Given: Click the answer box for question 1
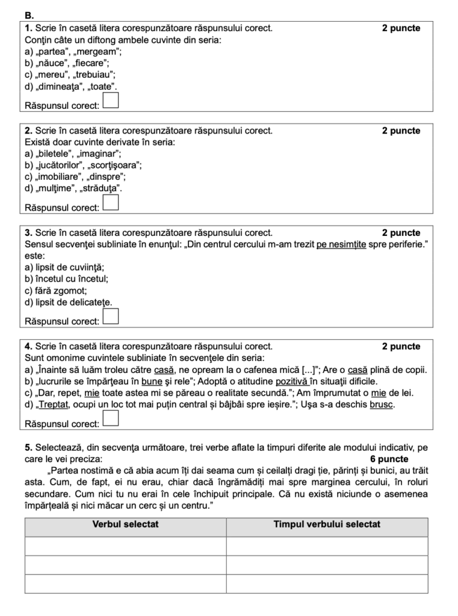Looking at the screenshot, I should tap(111, 100).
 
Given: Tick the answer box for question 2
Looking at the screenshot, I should tap(111, 202).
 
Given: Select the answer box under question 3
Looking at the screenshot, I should tap(111, 316).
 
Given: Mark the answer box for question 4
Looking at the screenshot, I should tap(111, 418).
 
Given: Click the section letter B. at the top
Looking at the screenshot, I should tap(29, 14).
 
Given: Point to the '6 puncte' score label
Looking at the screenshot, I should tap(389, 459).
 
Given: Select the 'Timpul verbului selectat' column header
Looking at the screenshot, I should tap(327, 525).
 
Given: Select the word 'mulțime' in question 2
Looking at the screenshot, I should tap(57, 188).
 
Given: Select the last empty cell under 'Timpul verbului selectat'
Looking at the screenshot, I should tap(327, 584).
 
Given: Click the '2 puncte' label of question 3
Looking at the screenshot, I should tap(401, 233).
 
